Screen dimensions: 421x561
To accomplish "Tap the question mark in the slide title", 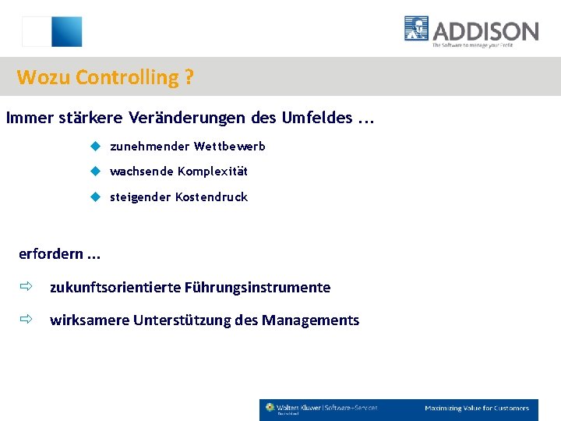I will tap(189, 78).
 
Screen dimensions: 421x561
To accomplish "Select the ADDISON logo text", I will tap(485, 31).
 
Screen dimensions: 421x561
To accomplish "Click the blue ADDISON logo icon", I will tap(417, 29).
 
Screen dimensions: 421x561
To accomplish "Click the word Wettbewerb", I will tap(230, 147).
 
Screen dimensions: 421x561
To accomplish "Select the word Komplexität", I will tap(212, 172).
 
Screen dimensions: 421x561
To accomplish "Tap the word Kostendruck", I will tap(211, 197).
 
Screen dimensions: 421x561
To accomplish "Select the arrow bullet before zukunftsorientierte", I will tap(26, 287).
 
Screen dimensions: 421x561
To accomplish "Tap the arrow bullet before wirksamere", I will tap(26, 320).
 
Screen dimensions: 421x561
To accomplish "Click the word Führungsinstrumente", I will tap(257, 288).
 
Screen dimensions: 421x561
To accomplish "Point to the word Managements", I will tap(311, 320).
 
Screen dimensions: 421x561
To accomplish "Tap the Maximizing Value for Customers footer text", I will tap(476, 409).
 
